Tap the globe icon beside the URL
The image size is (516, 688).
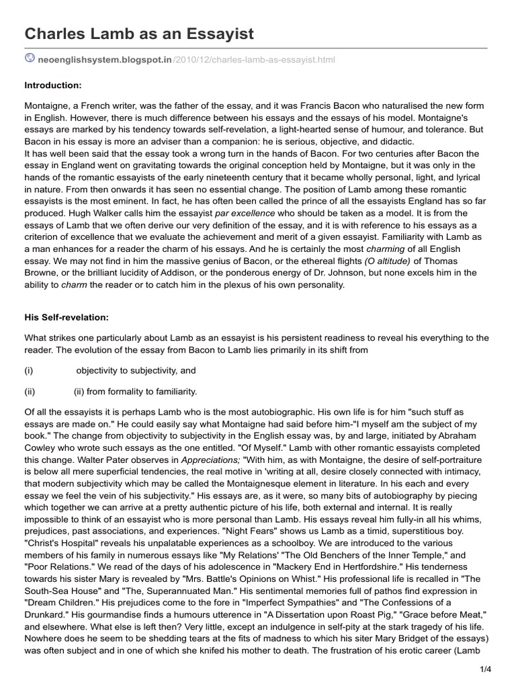coord(30,59)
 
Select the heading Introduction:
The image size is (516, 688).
coord(53,85)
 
